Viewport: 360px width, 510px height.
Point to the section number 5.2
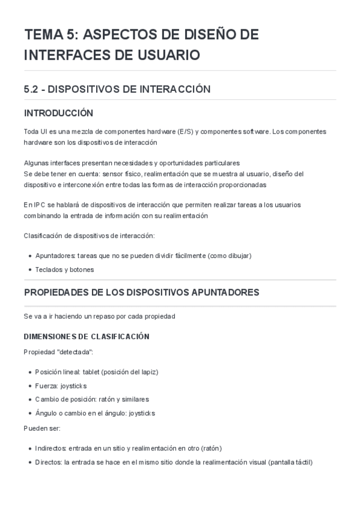(x=31, y=89)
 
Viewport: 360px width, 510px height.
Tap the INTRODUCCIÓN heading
(x=58, y=113)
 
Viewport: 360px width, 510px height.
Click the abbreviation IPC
(x=36, y=204)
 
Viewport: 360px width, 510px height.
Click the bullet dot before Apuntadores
(x=29, y=256)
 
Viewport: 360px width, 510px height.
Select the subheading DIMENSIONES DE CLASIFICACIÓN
(x=87, y=336)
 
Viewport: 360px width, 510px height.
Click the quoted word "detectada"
(x=73, y=351)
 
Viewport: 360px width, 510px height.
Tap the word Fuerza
(x=46, y=386)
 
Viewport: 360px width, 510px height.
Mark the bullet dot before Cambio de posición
(x=29, y=399)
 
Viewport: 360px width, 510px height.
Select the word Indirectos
(x=50, y=448)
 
